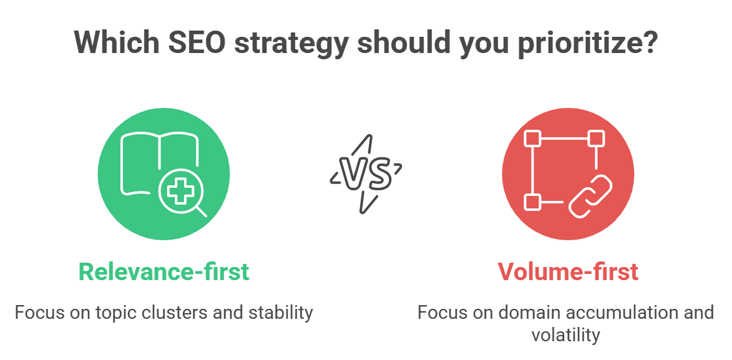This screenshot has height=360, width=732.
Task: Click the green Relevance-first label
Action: point(163,271)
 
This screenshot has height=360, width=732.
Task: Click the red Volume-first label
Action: point(567,271)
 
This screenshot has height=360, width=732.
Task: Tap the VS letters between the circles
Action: point(365,173)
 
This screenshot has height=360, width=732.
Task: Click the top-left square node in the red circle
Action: point(532,139)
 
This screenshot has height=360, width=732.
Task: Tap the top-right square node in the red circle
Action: point(596,139)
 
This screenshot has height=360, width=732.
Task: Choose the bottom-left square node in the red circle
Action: point(532,202)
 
